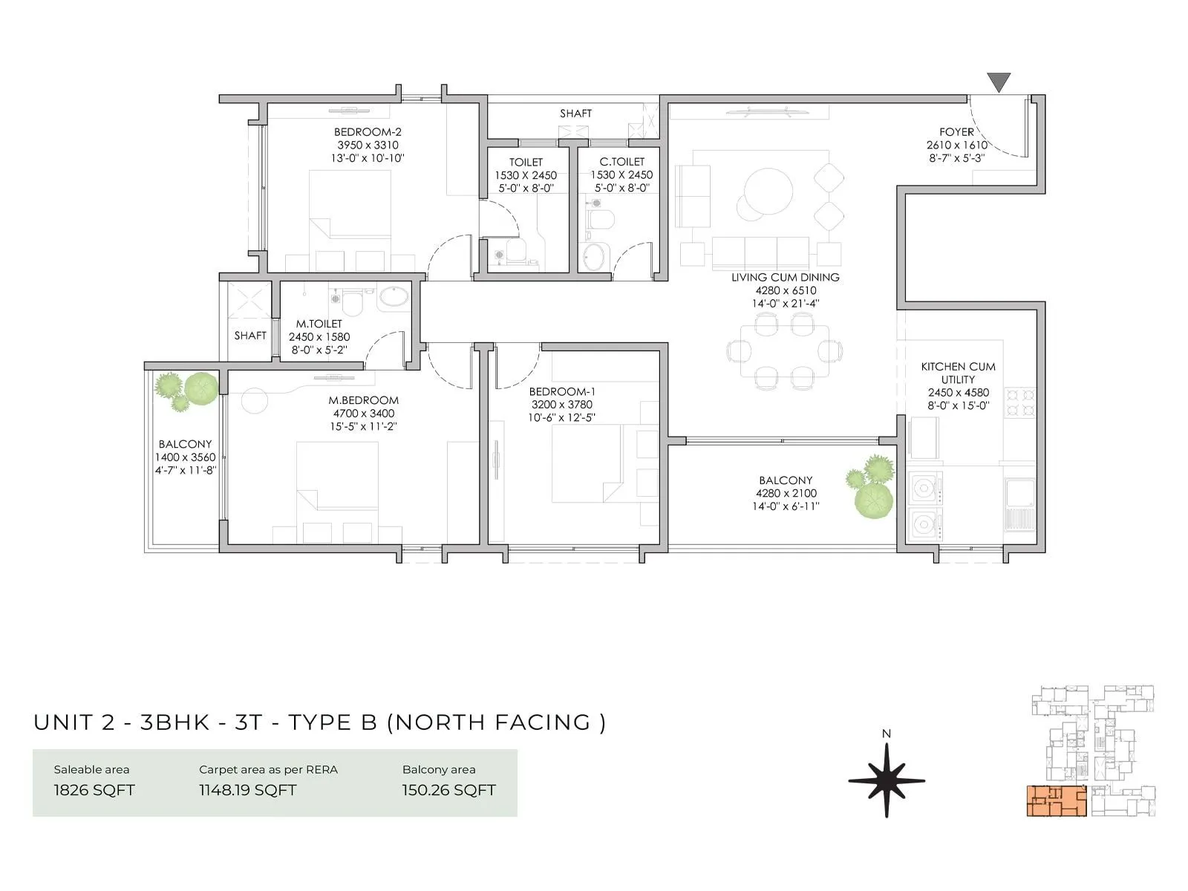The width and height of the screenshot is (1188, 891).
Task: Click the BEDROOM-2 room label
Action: tap(368, 132)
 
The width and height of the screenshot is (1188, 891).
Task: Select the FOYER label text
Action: tap(956, 132)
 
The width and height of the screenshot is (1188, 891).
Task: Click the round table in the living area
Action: tap(768, 192)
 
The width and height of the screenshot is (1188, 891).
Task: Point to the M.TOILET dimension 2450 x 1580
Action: tap(319, 337)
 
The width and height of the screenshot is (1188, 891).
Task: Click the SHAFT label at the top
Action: tap(575, 114)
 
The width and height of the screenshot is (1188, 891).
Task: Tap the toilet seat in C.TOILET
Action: tap(598, 220)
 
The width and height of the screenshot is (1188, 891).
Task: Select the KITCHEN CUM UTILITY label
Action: tap(958, 373)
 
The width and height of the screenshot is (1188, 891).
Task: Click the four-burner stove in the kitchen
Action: tap(1019, 402)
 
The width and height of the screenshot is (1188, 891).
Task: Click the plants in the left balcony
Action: tap(186, 390)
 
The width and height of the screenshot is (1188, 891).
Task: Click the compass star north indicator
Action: tap(887, 781)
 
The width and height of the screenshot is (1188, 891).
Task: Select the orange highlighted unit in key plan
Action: tap(1056, 800)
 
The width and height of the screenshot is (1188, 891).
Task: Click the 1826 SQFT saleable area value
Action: tap(94, 790)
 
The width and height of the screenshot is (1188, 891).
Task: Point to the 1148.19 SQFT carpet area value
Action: tap(247, 790)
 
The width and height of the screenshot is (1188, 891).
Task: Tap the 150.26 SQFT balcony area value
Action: tap(448, 790)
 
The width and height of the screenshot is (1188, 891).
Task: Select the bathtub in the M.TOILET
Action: tap(393, 298)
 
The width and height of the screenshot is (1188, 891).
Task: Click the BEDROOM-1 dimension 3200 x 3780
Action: tap(561, 405)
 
